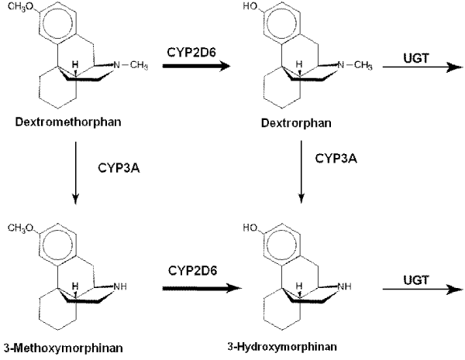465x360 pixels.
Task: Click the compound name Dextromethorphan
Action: tap(68, 122)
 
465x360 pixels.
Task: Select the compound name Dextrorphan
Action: tap(296, 122)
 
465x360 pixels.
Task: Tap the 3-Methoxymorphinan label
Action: tap(64, 348)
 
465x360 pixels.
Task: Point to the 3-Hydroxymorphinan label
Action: tap(282, 346)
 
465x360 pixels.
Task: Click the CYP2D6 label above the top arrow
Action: tap(191, 52)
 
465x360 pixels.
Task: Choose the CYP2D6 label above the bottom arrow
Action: tap(192, 270)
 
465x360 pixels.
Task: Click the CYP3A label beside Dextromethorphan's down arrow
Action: tap(119, 168)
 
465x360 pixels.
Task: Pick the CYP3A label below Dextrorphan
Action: tap(336, 159)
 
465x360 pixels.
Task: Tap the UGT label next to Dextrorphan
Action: tap(416, 58)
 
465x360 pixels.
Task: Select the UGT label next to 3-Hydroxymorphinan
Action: tap(416, 280)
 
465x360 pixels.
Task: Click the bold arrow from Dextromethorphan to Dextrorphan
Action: tap(196, 66)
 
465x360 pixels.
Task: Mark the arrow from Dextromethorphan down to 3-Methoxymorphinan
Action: tap(76, 173)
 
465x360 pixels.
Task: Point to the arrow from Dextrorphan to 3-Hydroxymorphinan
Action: tap(301, 172)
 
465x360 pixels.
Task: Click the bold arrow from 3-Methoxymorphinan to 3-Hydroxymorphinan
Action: tap(202, 288)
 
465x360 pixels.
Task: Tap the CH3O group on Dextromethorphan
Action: tap(21, 6)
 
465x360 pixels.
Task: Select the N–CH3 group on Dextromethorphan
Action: tap(130, 65)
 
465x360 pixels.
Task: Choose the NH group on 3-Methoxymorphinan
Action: tap(120, 286)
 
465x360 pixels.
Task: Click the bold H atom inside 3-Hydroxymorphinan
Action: tap(299, 286)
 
